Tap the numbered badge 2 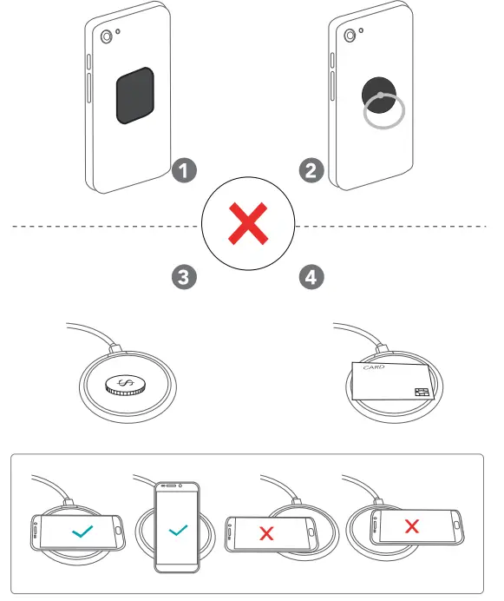click(x=313, y=169)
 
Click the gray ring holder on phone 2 click(x=383, y=111)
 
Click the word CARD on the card click(x=373, y=367)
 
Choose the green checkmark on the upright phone click(x=178, y=528)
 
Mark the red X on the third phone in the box click(x=266, y=533)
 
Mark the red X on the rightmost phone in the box click(x=413, y=525)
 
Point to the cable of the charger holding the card click(x=356, y=331)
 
